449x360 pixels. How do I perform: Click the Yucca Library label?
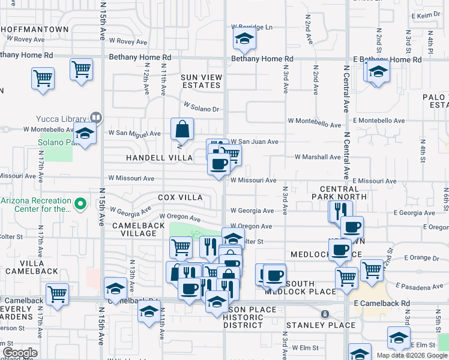[x=66, y=118]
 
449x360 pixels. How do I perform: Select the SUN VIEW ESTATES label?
[x=202, y=81]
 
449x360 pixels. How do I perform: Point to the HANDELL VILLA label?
[x=159, y=158]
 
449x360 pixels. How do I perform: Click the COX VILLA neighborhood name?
[x=180, y=197]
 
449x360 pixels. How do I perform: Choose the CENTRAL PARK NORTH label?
[x=339, y=192]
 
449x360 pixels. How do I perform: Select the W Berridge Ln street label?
[x=252, y=27]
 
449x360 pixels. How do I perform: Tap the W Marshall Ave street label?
[x=318, y=157]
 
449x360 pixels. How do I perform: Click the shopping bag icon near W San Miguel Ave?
[x=182, y=128]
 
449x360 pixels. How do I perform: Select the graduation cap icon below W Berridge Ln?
[x=244, y=40]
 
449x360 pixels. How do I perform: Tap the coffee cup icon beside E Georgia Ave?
[x=352, y=227]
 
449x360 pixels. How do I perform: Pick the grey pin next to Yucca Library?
[x=95, y=118]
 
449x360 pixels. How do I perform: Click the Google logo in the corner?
[x=20, y=353]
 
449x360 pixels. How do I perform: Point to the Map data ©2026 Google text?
[x=412, y=355]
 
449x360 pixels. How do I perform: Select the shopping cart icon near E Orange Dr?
[x=372, y=269]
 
